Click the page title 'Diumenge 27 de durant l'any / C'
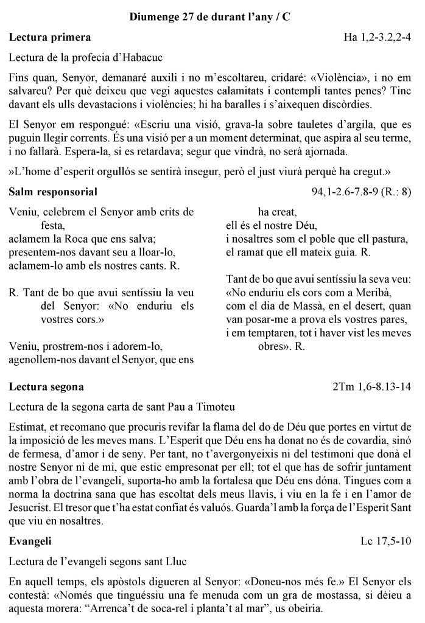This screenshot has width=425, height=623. coord(210,18)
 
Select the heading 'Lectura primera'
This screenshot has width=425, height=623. coord(50,38)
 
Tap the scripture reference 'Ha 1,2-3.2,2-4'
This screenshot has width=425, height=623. coord(378,38)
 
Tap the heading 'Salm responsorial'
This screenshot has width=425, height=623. coord(53,192)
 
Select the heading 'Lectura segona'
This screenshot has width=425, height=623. coord(47,387)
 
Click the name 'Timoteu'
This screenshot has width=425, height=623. coord(216,406)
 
